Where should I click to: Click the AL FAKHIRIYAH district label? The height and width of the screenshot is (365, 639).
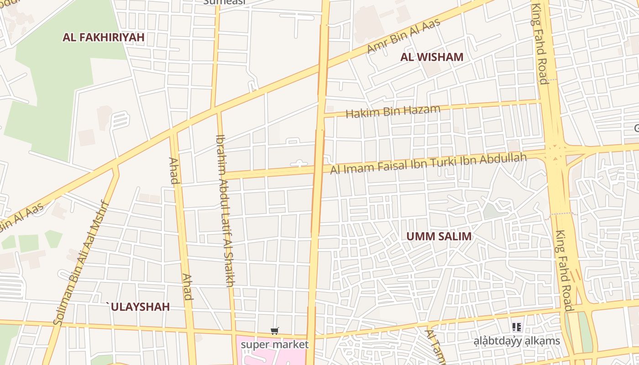[x=104, y=37]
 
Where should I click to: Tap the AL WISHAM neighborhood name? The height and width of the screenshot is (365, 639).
[x=432, y=57]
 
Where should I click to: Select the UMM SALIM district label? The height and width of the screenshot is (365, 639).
[x=439, y=236]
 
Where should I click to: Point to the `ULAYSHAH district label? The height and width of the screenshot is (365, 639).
[x=138, y=307]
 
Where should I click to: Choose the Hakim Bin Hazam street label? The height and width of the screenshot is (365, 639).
[x=393, y=111]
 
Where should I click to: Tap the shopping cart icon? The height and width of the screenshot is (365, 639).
[x=274, y=331]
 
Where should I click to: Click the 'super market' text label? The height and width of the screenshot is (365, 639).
[x=274, y=344]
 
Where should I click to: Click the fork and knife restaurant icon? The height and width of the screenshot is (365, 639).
[x=517, y=327]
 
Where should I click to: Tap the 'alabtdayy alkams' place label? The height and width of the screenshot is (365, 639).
[x=517, y=341]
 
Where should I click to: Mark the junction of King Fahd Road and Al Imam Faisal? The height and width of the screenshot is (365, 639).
[x=555, y=151]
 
